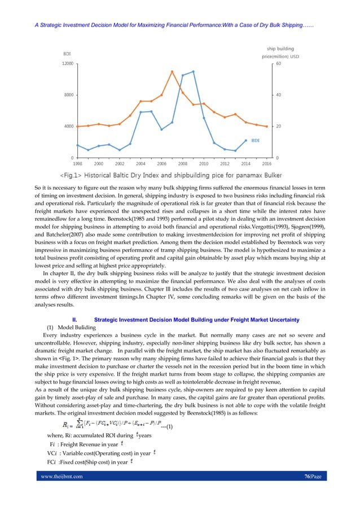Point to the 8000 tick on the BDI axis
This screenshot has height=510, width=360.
click(x=68, y=95)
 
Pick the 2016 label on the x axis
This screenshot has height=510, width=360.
click(x=266, y=163)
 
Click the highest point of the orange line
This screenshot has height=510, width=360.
click(x=172, y=71)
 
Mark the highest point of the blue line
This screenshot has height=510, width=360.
click(x=193, y=72)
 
